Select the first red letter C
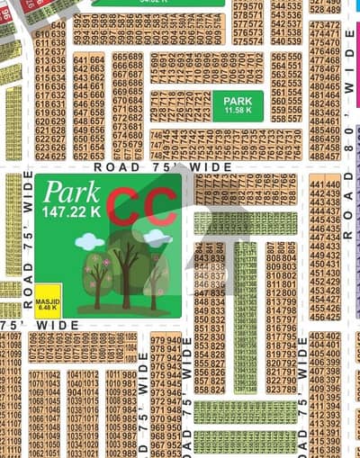124,208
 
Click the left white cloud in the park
88,241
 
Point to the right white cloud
157,238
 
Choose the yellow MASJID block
48,296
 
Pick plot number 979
158,338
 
